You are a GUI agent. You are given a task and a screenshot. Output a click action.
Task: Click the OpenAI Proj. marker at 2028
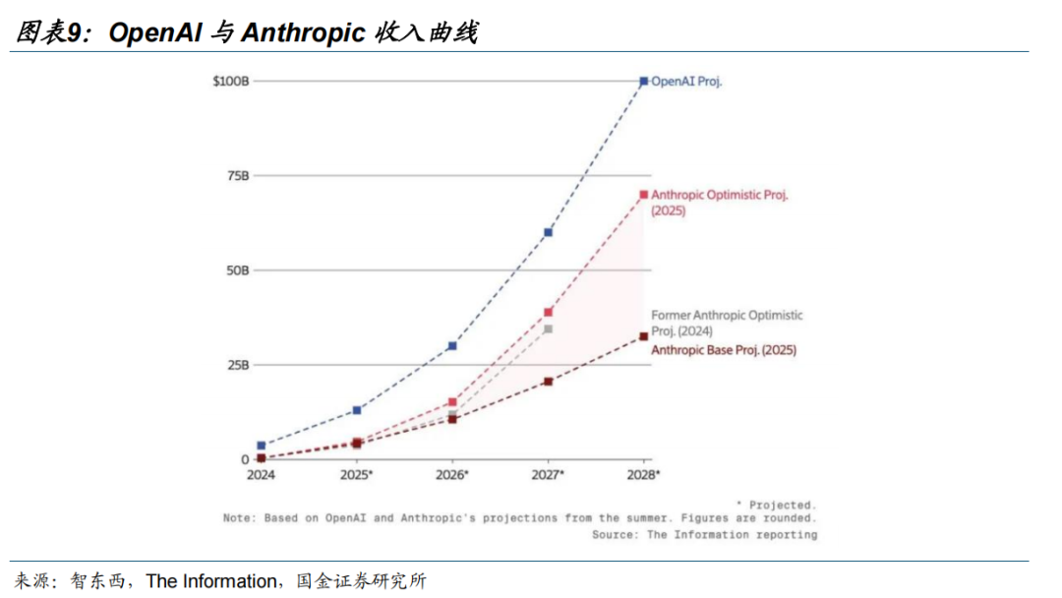(644, 82)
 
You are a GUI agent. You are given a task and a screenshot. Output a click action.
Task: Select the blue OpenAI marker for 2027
(548, 232)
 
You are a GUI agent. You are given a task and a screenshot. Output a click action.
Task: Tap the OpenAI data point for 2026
(452, 346)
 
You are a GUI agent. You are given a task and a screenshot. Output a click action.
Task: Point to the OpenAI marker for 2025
(357, 410)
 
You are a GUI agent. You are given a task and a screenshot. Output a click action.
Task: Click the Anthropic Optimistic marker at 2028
(644, 195)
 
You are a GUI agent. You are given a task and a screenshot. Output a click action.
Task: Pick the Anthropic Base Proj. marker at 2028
(644, 336)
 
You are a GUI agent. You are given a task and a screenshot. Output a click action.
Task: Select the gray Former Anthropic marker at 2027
(548, 329)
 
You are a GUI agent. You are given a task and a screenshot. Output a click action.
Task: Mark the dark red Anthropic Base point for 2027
(548, 382)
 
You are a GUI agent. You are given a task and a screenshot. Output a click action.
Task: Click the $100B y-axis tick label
(231, 81)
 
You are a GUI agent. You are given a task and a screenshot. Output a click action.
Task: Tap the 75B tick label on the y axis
(238, 175)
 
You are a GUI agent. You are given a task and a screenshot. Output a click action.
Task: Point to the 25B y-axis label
(238, 365)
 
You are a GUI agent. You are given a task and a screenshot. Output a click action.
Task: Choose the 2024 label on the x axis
(261, 475)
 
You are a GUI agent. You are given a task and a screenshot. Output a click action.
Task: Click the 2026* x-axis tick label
(452, 475)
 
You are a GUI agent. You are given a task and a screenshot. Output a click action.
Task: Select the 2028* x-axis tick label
(644, 475)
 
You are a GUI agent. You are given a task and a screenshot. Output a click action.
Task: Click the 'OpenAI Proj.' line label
(686, 82)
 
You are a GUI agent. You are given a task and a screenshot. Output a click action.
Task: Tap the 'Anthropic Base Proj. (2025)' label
(724, 350)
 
